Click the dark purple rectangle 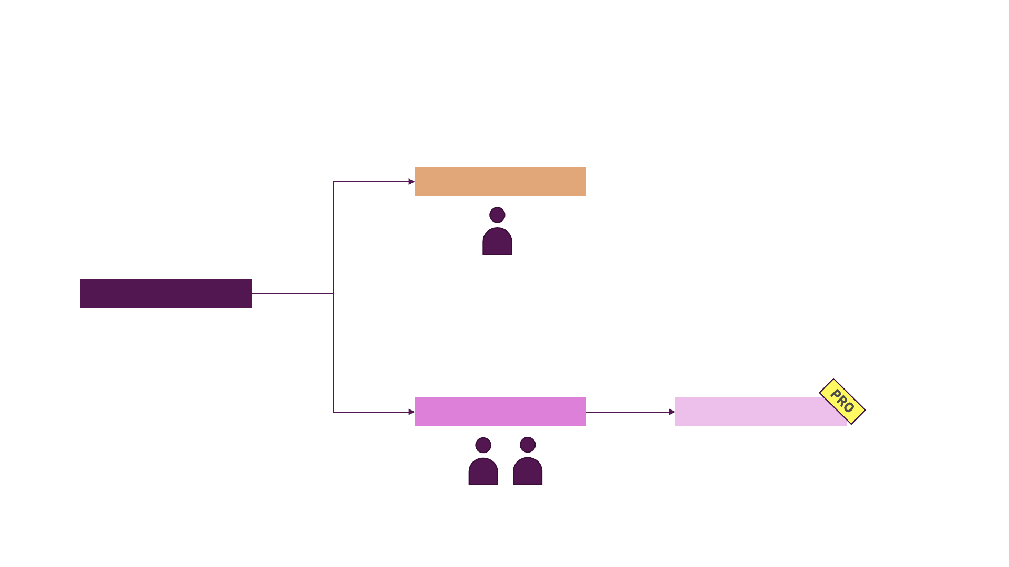166,293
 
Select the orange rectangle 500,182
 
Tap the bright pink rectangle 500,412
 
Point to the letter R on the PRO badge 842,401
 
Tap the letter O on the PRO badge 849,408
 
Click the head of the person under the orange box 497,215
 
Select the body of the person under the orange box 497,243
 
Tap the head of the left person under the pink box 483,445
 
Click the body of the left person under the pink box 483,472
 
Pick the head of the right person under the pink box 528,445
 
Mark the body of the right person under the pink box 528,472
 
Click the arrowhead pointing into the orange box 411,182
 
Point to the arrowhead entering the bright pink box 411,412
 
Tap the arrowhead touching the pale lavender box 672,412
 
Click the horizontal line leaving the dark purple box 292,293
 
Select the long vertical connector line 333,352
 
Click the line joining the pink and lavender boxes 628,412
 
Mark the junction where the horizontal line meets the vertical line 333,293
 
